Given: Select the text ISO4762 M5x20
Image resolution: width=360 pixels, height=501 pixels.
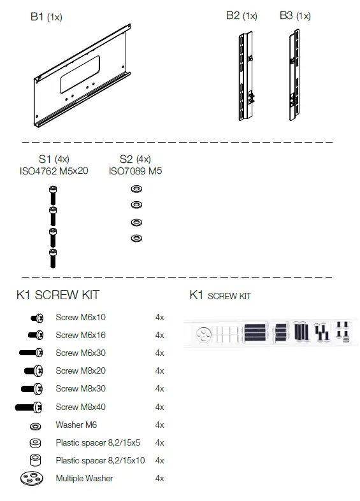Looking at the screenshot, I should pos(54,171).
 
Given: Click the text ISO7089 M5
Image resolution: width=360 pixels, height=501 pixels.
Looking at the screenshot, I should pos(135,171).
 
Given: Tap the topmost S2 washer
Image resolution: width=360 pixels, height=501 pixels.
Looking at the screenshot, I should pos(135,190).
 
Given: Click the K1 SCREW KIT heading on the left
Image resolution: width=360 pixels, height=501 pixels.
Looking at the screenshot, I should pos(57,295).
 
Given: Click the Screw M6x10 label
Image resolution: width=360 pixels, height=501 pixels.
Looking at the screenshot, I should pos(80,317).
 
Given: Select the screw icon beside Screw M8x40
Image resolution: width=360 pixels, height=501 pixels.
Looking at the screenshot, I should pos(29,407).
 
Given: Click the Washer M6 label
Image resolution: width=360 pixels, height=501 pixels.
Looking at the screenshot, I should pos(76,425).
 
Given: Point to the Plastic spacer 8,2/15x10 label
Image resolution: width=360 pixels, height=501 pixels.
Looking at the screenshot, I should pos(100,460).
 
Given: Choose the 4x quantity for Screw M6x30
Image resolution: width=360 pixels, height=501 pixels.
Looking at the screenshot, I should pos(159,353).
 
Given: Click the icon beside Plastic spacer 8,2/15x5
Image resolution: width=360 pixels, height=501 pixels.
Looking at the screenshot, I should pos(35,442).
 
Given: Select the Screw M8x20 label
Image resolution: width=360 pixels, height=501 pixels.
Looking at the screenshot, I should pos(80,370).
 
